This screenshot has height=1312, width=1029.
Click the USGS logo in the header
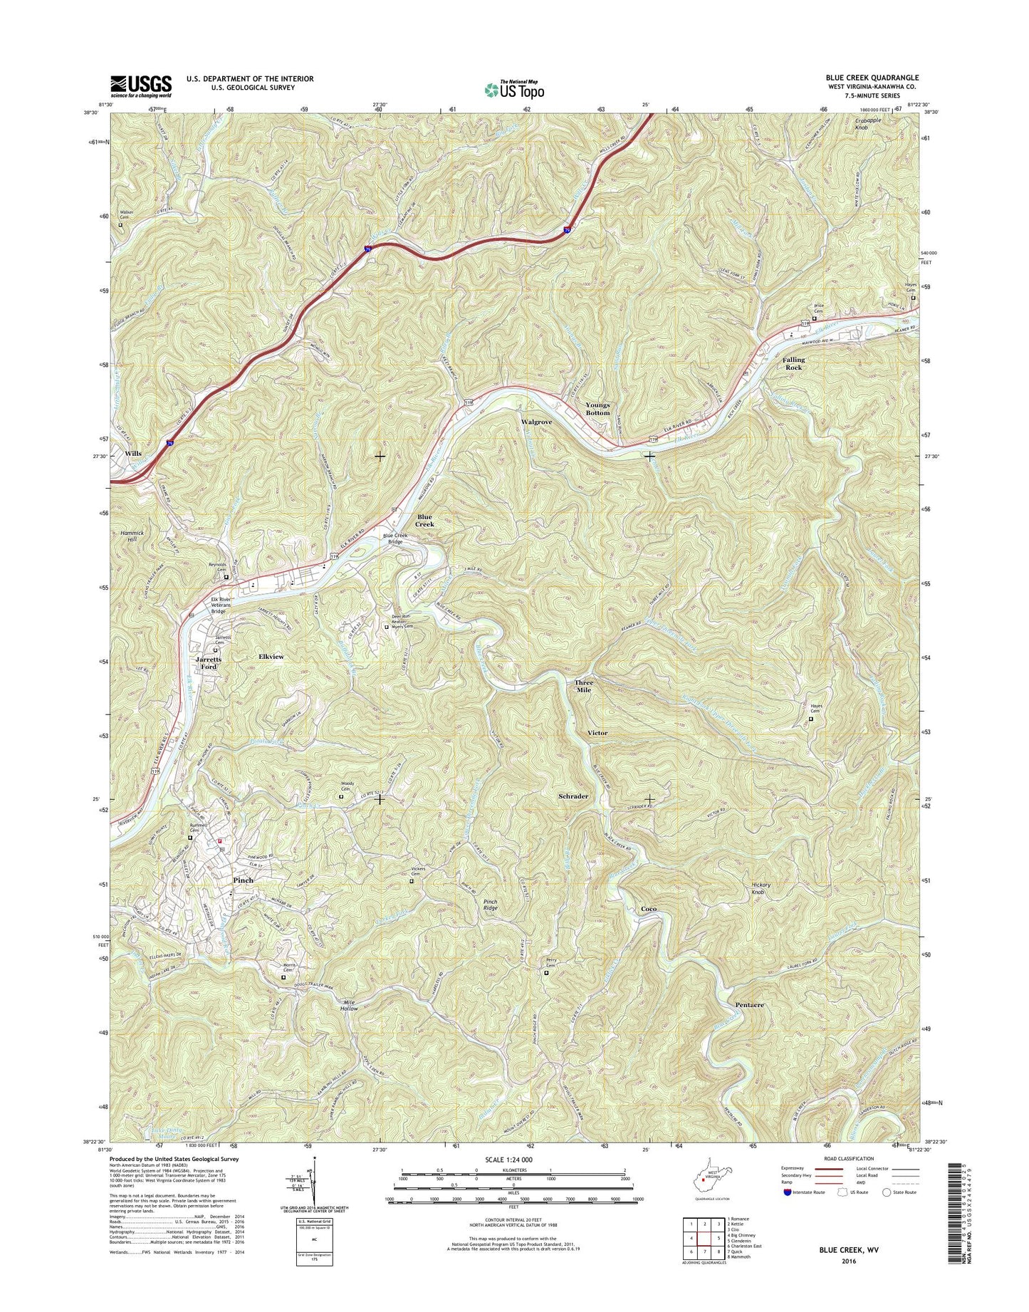[140, 85]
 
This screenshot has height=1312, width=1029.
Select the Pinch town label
[243, 880]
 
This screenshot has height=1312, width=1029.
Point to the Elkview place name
[271, 657]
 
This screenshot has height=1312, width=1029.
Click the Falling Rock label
[793, 364]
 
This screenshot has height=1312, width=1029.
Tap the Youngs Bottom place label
[597, 409]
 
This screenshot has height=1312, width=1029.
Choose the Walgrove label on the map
[536, 422]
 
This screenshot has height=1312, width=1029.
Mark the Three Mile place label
[583, 686]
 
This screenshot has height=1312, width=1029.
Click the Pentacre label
[749, 1005]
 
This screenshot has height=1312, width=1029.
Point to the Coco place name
[648, 910]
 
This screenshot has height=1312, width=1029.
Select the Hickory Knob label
[761, 889]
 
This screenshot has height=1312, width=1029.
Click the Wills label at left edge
[133, 454]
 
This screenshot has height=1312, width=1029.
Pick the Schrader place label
[573, 796]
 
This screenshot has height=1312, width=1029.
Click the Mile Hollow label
[349, 1005]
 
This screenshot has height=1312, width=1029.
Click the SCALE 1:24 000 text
[508, 1160]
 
